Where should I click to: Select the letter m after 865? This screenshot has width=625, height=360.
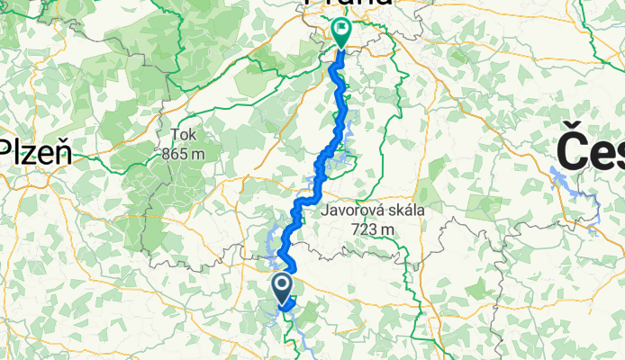[197, 154]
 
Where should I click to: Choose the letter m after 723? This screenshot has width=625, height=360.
[388, 229]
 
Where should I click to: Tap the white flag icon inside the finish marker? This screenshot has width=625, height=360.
[342, 28]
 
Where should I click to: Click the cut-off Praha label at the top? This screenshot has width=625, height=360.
[348, 3]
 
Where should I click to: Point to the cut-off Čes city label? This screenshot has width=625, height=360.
[591, 148]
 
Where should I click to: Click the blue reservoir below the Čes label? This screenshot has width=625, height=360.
[576, 189]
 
